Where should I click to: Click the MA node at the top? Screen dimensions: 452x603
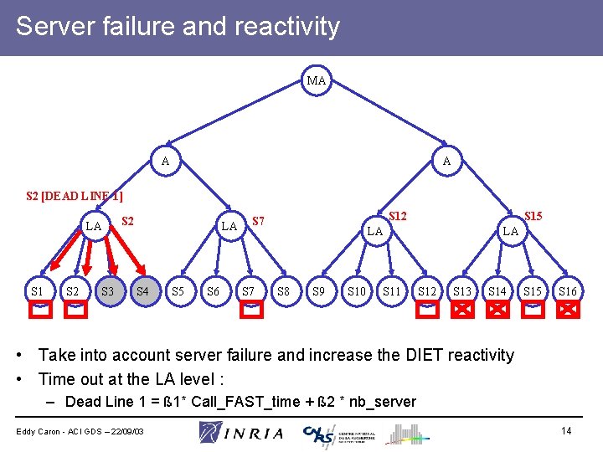[x=317, y=81]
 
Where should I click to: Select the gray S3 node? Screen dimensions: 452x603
[x=107, y=291]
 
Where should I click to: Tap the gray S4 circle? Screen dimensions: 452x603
[x=143, y=291]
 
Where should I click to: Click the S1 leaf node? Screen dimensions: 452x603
[x=38, y=291]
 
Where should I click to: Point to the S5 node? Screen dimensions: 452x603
[x=178, y=291]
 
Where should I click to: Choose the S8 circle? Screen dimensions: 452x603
[x=284, y=291]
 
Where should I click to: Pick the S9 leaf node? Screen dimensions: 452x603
[x=319, y=291]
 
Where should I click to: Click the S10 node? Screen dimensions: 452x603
[x=356, y=291]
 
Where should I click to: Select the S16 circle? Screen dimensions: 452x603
[x=568, y=291]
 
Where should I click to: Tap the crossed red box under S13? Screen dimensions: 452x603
[x=461, y=310]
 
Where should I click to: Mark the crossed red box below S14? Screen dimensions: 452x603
[x=497, y=310]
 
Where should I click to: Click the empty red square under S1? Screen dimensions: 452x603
[x=39, y=310]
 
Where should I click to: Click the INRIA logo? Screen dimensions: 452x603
[x=242, y=433]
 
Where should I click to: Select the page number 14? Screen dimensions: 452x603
[x=566, y=430]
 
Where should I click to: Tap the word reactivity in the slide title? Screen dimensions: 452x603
[x=288, y=27]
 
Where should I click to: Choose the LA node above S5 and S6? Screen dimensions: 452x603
[x=229, y=227]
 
